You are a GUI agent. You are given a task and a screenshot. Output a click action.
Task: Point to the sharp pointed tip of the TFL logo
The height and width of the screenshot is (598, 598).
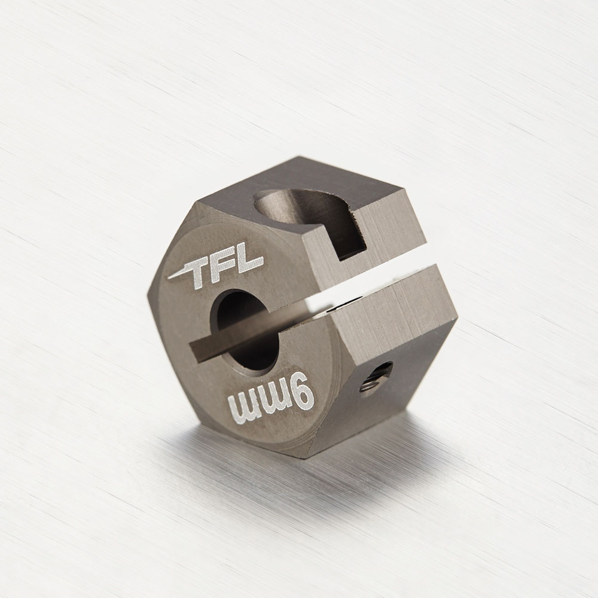tap(168, 279)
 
